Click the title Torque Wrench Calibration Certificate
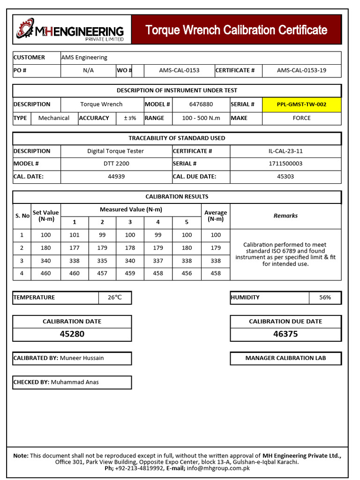[236, 30]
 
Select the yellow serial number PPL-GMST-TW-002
[301, 105]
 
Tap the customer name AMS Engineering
[84, 58]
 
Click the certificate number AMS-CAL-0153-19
[301, 70]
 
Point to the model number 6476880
[201, 105]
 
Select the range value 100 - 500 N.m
[201, 118]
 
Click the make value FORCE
[301, 118]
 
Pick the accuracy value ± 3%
[130, 118]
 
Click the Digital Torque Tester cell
[116, 151]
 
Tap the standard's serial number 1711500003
[285, 164]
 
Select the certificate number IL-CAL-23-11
[285, 151]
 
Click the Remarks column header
[285, 216]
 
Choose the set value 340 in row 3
[46, 261]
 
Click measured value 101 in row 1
[75, 235]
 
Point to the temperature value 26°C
[115, 298]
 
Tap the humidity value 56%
[325, 298]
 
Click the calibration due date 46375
[285, 334]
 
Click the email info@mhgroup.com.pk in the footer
[218, 468]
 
